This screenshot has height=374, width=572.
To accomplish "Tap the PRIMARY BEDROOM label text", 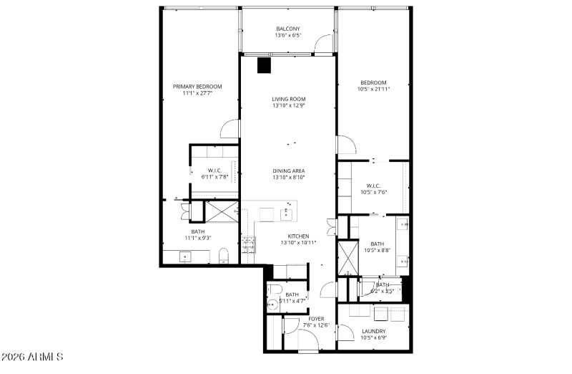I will click(197, 86).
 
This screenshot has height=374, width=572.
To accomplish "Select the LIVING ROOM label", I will click(289, 99).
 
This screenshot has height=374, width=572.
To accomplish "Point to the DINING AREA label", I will click(289, 171).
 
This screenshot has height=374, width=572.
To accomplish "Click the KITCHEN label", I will click(298, 236).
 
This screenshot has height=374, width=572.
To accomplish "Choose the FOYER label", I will click(316, 318).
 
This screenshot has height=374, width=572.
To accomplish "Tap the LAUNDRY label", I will click(373, 330).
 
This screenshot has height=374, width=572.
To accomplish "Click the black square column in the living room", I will click(265, 65).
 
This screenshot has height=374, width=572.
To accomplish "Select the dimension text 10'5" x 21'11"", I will click(373, 90).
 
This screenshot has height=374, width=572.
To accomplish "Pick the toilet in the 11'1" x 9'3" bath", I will click(223, 255).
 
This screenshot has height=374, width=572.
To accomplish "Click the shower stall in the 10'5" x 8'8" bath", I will click(347, 258).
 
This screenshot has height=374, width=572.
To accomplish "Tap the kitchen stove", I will click(250, 245).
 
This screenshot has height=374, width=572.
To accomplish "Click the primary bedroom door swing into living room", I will click(230, 129).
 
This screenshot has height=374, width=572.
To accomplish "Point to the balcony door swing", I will click(323, 44).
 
